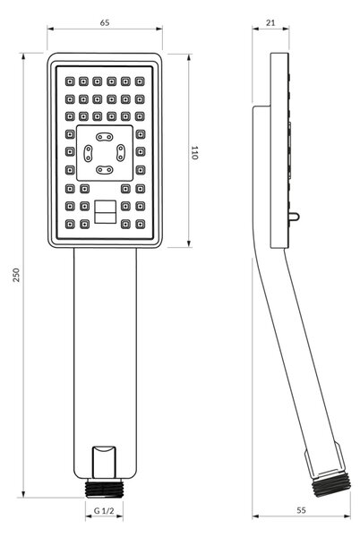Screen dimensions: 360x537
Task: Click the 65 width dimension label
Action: pos(105,22)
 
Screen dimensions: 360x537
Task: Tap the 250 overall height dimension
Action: pos(16,275)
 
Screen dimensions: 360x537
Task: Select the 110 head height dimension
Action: pos(194,152)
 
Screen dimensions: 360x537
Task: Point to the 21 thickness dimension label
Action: pos(270,22)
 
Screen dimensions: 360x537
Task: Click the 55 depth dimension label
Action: pos(301,510)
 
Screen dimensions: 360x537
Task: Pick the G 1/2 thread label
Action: pos(104,511)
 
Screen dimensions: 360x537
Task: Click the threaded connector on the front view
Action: pos(104,489)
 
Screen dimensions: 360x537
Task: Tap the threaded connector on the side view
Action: pos(331,482)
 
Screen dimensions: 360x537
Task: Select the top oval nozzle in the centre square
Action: pos(104,137)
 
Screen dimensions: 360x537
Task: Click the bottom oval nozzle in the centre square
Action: pos(104,169)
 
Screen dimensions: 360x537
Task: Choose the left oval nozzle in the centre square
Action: pos(88,153)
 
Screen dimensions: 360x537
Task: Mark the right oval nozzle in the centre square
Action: pos(121,153)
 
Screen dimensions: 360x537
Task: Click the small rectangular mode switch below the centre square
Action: pos(105,212)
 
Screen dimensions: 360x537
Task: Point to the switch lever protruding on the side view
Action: pos(294,217)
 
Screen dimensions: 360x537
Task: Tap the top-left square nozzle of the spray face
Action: pos(70,81)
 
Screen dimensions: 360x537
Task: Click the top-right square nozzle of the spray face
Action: pos(140,81)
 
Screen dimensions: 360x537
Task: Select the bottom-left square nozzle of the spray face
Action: pos(70,225)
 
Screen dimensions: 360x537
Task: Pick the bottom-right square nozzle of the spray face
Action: pos(140,225)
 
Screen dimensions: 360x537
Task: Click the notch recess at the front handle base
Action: pos(104,462)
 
